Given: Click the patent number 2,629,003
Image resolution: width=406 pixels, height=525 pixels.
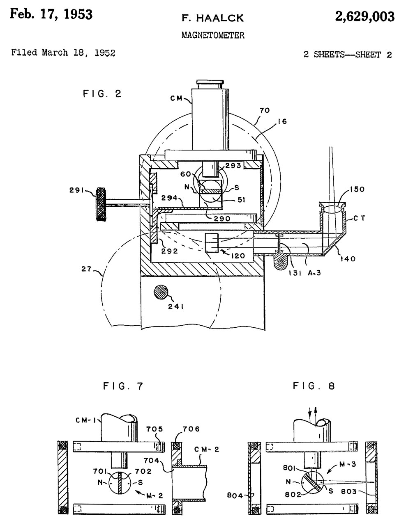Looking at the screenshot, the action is coord(364,17).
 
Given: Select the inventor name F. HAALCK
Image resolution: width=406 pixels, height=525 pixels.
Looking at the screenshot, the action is coord(213,18).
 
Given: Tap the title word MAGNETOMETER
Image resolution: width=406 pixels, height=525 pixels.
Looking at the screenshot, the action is coord(213,35).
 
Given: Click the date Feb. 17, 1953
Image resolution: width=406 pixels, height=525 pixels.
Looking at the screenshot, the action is coord(51,14).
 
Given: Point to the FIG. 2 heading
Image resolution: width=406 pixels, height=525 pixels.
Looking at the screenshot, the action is coord(102,94).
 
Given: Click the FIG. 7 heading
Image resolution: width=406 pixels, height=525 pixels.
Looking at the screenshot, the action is coord(123,386).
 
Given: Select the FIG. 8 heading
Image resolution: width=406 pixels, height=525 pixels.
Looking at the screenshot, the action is coord(314,386).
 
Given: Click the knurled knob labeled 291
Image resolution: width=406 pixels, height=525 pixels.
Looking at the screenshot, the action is coord(101,204).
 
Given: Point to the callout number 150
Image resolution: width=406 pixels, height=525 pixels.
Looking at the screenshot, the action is coord(357,189).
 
